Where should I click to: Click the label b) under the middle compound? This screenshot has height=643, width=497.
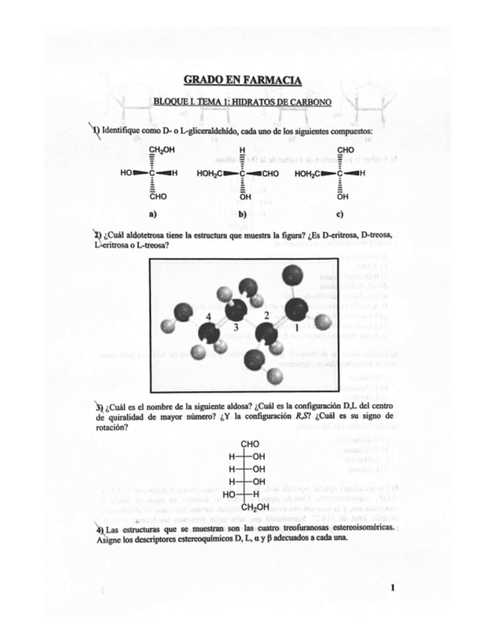242,214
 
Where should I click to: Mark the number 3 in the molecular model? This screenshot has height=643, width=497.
235,328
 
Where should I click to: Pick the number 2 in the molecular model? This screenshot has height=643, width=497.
266,314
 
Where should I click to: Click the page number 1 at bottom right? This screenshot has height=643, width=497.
394,586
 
